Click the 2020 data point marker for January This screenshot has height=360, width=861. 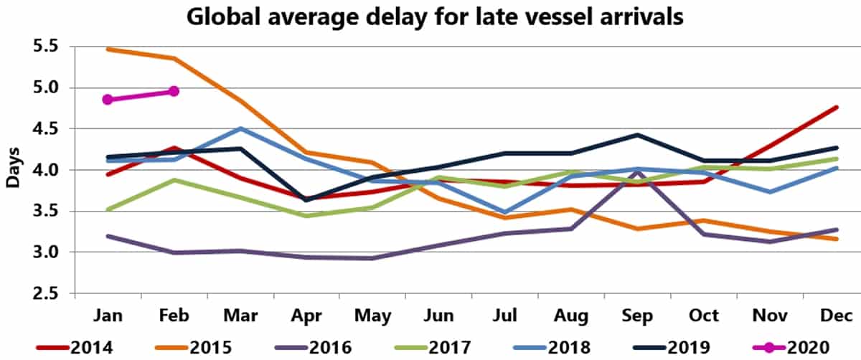[107, 100]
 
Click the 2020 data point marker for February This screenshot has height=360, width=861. [174, 91]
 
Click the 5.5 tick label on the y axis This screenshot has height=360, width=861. [44, 47]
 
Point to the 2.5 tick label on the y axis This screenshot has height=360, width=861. [44, 293]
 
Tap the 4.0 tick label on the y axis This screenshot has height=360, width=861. [44, 170]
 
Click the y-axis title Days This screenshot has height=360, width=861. [12, 170]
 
